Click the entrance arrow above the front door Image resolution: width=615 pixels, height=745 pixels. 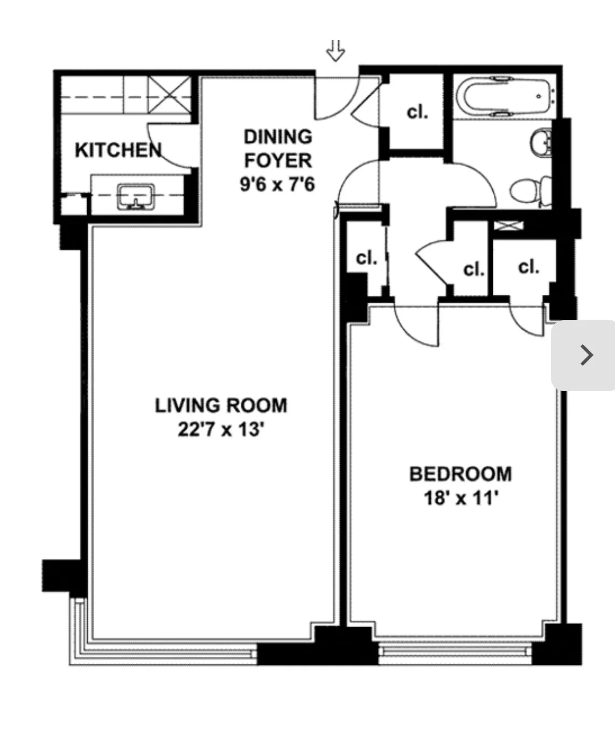pyautogui.click(x=336, y=51)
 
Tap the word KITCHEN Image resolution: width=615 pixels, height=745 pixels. pyautogui.click(x=118, y=150)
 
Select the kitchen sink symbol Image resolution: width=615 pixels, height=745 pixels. pyautogui.click(x=136, y=197)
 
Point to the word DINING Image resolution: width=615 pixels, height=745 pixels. pyautogui.click(x=278, y=137)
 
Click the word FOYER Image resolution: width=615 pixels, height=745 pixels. pyautogui.click(x=278, y=160)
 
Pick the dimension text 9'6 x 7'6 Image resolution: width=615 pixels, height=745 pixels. pyautogui.click(x=277, y=185)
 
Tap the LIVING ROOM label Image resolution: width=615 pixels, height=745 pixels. pyautogui.click(x=221, y=405)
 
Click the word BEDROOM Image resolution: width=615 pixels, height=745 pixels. pyautogui.click(x=460, y=474)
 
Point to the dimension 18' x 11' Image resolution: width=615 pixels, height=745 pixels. pyautogui.click(x=460, y=498)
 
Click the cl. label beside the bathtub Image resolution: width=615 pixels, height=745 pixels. pyautogui.click(x=417, y=112)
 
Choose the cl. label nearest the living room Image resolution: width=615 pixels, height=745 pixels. pyautogui.click(x=367, y=258)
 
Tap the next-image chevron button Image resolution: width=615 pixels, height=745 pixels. pyautogui.click(x=585, y=355)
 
